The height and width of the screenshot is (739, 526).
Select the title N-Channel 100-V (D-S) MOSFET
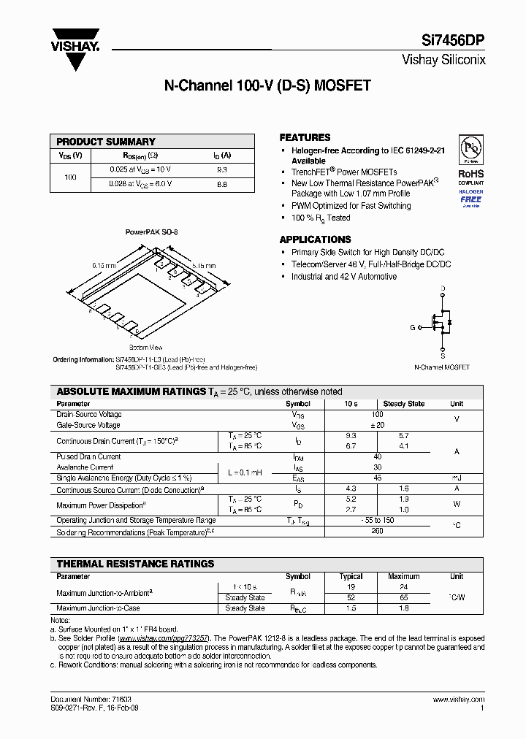[267, 85]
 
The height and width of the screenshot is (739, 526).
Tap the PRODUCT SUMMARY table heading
[106, 142]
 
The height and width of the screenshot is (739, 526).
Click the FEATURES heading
[305, 137]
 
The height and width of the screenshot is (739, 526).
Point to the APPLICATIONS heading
[315, 240]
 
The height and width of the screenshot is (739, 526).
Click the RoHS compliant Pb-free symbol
[470, 149]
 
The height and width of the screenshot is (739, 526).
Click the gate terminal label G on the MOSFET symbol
[412, 328]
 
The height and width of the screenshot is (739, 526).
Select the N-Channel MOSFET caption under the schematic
[442, 367]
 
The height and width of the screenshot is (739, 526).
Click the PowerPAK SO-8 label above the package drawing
[151, 231]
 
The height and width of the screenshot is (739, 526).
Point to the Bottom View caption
[145, 348]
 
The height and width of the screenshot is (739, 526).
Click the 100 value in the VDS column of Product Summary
[71, 177]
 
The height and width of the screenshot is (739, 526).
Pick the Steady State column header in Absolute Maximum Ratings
[404, 404]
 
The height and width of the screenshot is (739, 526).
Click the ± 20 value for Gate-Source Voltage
[378, 425]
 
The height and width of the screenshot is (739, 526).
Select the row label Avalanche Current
[85, 467]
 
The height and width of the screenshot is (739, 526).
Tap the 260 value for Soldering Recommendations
[378, 532]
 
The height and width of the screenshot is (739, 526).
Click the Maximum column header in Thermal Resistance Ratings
[404, 576]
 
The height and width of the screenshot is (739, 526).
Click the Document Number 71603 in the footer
[91, 700]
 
